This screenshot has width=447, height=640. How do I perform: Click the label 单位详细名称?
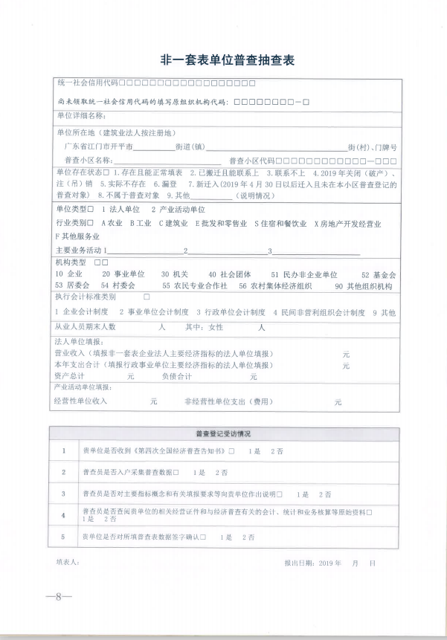82,116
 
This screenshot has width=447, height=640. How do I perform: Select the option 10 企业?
68,274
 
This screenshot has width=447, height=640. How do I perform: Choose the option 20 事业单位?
123,274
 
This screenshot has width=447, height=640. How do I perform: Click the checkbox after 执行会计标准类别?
146,297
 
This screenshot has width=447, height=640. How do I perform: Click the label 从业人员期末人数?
86,326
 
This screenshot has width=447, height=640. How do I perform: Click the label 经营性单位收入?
80,401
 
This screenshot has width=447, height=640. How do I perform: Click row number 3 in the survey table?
64,493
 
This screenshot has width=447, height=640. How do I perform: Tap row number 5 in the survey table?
64,536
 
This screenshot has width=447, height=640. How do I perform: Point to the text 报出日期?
298,563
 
